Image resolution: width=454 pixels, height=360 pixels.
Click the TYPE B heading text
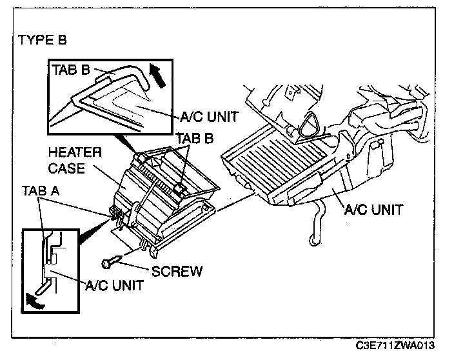tap(43, 39)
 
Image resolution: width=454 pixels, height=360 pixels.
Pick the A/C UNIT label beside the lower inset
tap(113, 286)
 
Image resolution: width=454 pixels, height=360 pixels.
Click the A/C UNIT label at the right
tap(373, 209)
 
